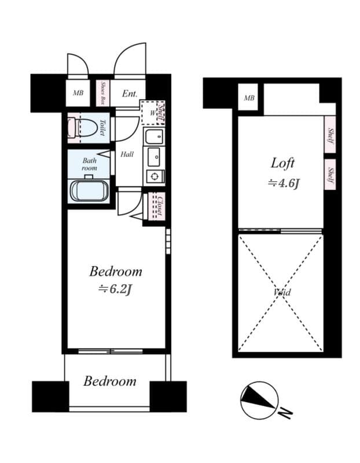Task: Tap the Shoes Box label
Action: coord(102,93)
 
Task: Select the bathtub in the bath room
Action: coord(89,190)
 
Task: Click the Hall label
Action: coord(127,155)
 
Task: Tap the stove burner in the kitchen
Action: coord(155,177)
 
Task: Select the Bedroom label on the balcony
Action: coord(110,381)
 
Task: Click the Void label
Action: coord(282,292)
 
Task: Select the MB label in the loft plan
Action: coord(249,98)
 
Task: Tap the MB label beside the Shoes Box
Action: coord(78,93)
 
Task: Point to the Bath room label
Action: coord(89,164)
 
